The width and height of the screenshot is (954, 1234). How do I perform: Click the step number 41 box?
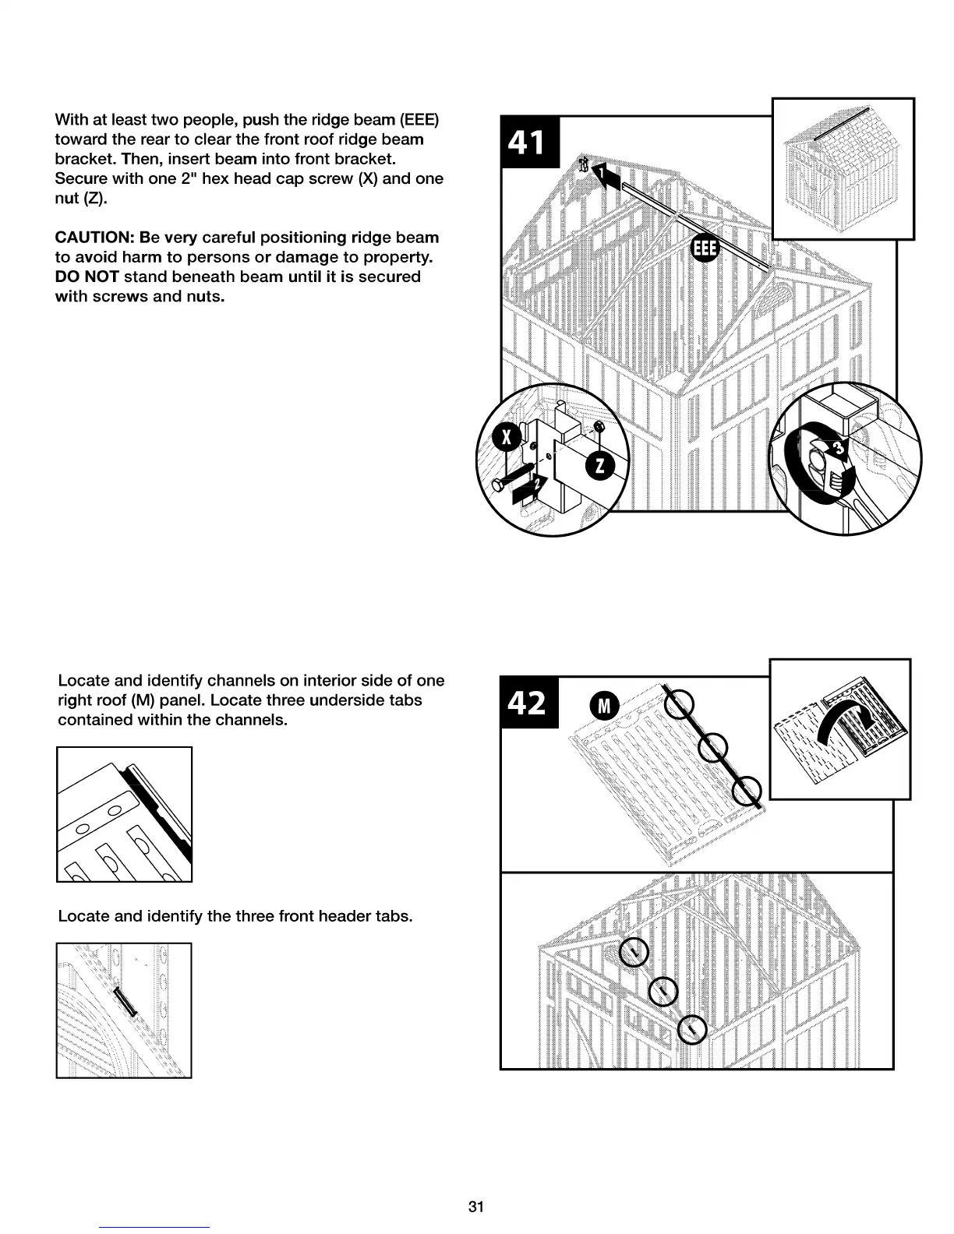tap(528, 142)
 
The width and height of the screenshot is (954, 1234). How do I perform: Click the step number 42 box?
tap(528, 702)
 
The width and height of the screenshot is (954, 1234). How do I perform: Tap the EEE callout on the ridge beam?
tap(704, 249)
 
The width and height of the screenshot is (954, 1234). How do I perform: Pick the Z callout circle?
tap(599, 465)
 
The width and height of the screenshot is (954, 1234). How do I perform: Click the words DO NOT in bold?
tap(87, 277)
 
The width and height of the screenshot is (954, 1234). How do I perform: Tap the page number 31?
tap(476, 1207)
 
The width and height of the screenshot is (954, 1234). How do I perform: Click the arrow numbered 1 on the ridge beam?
tap(609, 178)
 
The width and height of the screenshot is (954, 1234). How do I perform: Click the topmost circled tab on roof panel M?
tap(680, 705)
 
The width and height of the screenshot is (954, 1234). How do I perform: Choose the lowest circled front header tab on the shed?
tap(691, 1030)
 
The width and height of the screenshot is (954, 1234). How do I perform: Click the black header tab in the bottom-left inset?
tap(125, 1001)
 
